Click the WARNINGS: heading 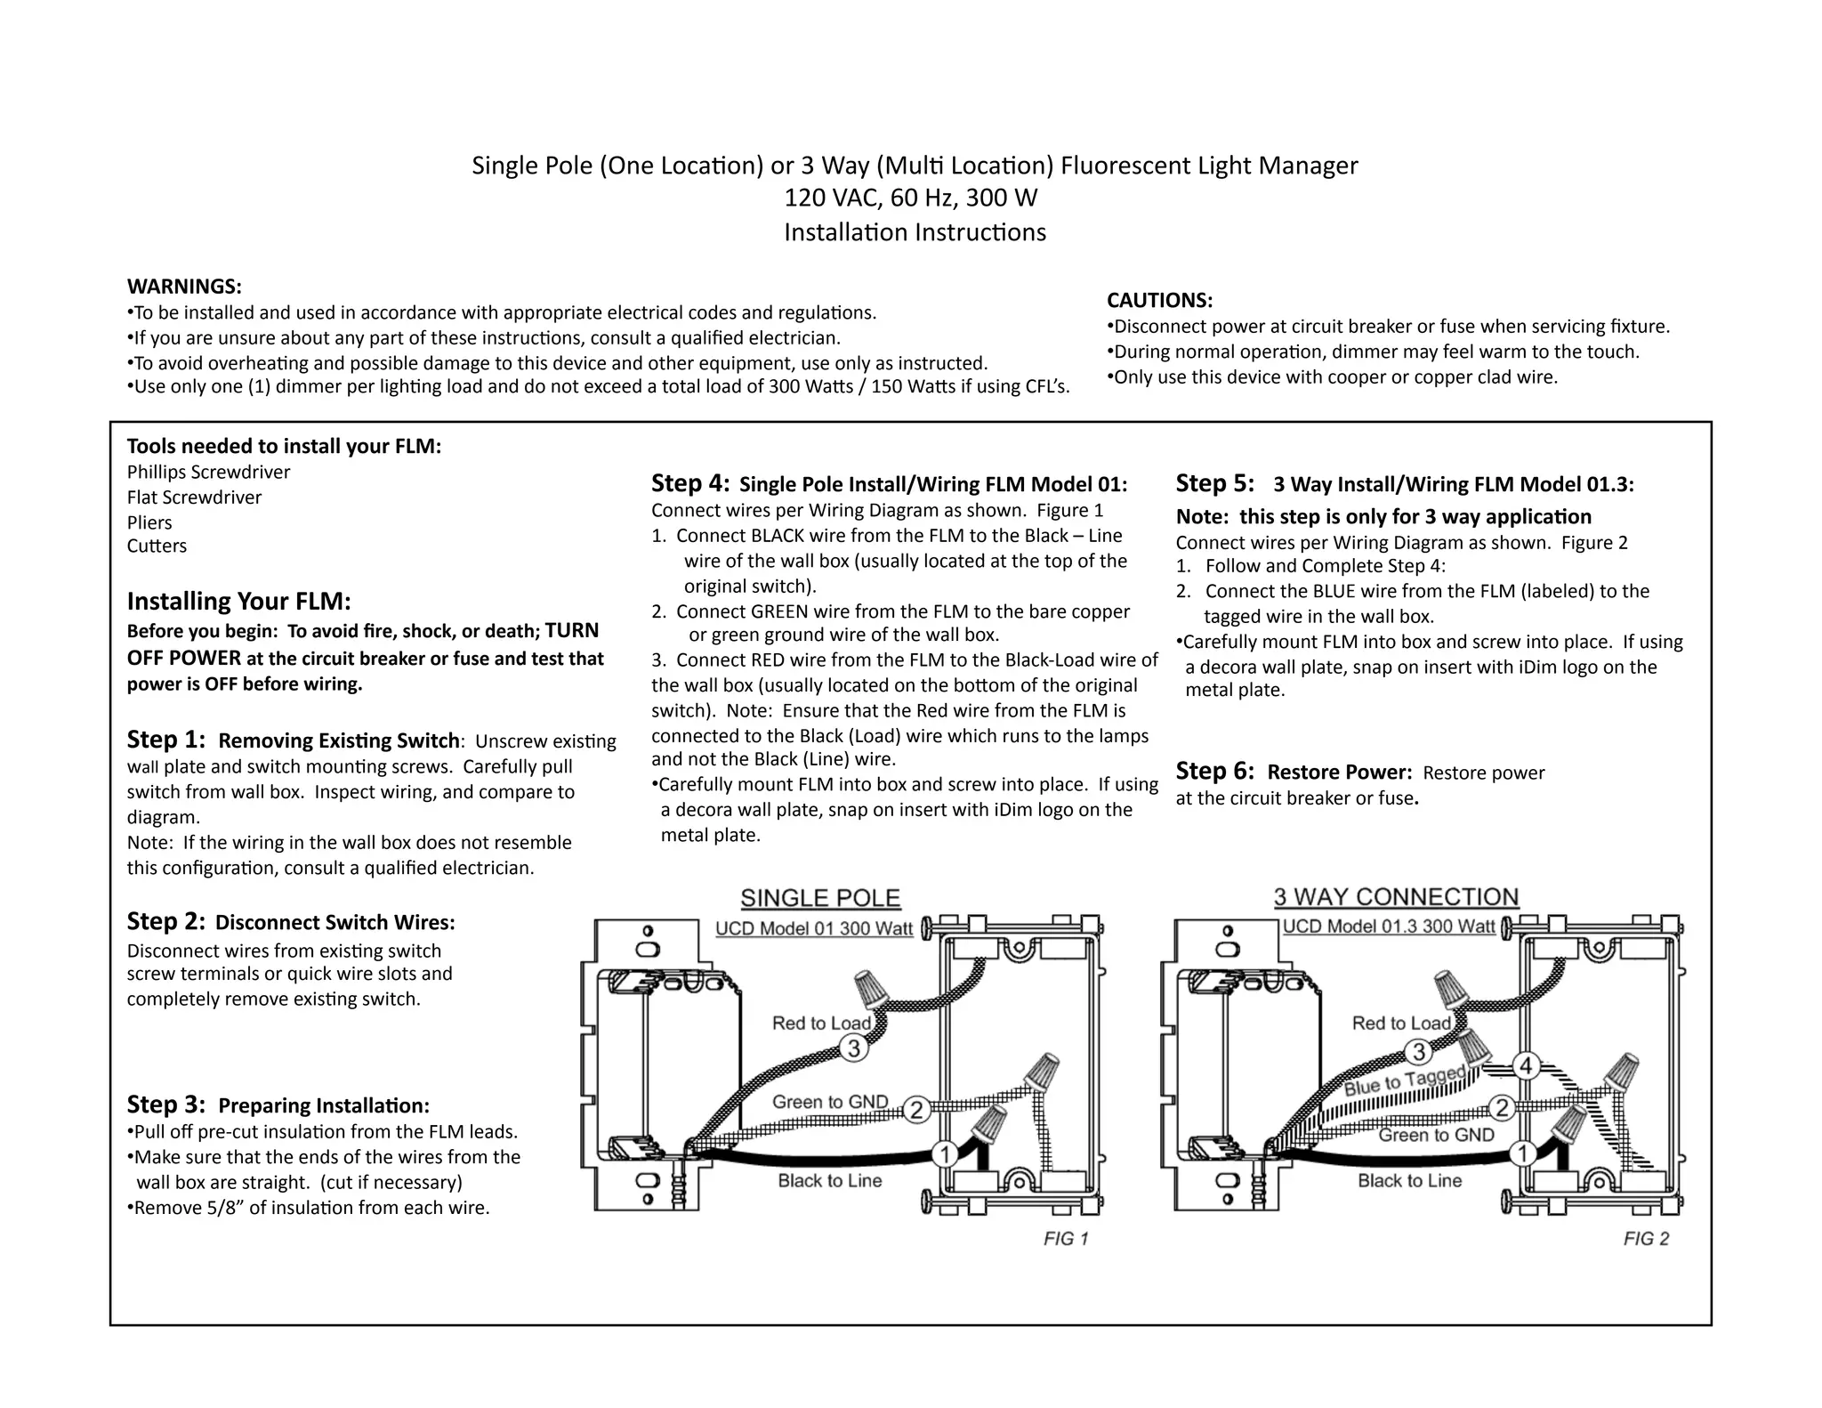click(x=184, y=287)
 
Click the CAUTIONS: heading click(x=1159, y=300)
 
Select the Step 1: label click(x=165, y=740)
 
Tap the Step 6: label click(x=1214, y=771)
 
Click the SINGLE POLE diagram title click(x=820, y=898)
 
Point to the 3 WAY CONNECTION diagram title click(x=1396, y=897)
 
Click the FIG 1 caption click(x=1066, y=1239)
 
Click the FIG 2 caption click(x=1646, y=1239)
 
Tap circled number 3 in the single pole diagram click(x=854, y=1048)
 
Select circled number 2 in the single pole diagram click(x=916, y=1110)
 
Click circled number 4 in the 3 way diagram click(x=1527, y=1065)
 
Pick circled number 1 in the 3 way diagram click(x=1523, y=1154)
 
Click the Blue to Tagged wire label click(x=1404, y=1081)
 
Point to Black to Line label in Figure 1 click(x=829, y=1181)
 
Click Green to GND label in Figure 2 click(x=1436, y=1135)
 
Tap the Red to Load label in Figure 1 click(x=821, y=1024)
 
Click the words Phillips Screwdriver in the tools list click(x=208, y=472)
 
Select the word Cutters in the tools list click(x=157, y=546)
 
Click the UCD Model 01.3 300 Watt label click(x=1388, y=927)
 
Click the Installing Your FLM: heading click(x=238, y=602)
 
